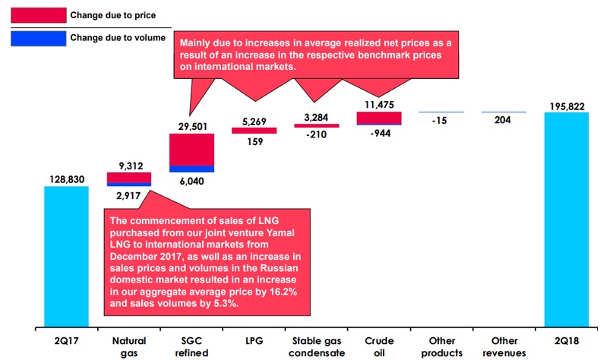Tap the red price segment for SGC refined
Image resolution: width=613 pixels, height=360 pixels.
(191, 149)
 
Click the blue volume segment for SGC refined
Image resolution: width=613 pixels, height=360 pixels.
(191, 169)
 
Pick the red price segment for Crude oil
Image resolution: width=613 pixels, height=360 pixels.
(378, 117)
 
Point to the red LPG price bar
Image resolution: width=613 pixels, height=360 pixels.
(254, 130)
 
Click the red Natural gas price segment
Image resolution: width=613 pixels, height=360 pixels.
(128, 177)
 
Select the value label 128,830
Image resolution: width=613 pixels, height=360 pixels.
(66, 176)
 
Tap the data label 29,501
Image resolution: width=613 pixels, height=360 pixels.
(191, 125)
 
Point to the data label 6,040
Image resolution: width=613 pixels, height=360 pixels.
(191, 181)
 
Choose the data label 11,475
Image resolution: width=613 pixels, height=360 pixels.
(378, 103)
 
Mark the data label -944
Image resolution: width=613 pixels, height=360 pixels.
(378, 134)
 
